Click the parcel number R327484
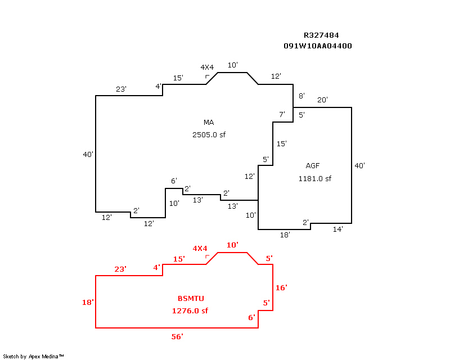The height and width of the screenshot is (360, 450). tap(321, 35)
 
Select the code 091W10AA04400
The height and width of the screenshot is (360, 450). tap(318, 46)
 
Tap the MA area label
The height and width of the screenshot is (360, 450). tap(209, 123)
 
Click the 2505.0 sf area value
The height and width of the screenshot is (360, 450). tap(209, 134)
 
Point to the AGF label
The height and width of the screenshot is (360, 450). tap(313, 166)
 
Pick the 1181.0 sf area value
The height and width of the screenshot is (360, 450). tap(314, 179)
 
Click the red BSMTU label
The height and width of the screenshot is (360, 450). tap(191, 298)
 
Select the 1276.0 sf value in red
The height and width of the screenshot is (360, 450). tap(190, 310)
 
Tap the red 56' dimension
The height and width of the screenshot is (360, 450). tap(177, 336)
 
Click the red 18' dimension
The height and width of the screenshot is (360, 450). tap(88, 303)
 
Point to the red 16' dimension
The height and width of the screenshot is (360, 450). tap(281, 287)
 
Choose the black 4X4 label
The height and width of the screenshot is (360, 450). tap(207, 67)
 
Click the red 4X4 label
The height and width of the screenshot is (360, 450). tap(200, 248)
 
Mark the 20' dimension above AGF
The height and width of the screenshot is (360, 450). tap(322, 100)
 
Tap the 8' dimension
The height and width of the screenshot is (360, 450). tap(301, 96)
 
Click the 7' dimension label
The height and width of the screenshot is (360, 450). tap(282, 115)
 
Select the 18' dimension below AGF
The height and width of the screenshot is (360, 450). tap(285, 235)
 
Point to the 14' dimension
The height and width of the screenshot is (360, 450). tap(337, 229)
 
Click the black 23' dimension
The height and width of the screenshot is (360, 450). tap(121, 89)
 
